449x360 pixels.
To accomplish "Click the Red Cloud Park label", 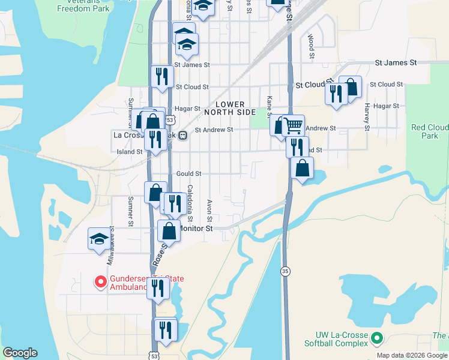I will tap(430, 131).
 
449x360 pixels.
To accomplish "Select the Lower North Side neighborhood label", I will tap(230, 108).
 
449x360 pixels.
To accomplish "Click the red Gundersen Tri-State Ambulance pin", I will tap(100, 280).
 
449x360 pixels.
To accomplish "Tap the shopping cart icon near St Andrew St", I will tap(294, 125).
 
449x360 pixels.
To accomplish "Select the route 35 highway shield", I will tap(285, 272).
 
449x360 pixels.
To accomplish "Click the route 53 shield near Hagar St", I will tap(170, 120).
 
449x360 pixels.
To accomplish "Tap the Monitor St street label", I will tap(197, 229).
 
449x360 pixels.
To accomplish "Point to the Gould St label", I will tap(188, 173).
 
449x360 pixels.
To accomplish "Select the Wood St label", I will tap(311, 46).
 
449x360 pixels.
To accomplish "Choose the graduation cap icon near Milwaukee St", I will tap(99, 239).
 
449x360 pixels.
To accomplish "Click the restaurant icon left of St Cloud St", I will tap(161, 76).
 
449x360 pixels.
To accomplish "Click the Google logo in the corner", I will tap(20, 353).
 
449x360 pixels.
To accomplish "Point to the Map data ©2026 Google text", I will tap(412, 355).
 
